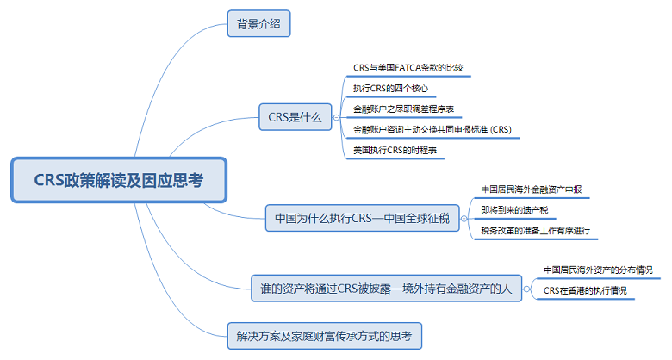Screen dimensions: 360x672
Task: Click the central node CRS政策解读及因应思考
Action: point(119,180)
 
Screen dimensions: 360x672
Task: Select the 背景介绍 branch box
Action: point(258,23)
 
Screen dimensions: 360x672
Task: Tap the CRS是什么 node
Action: point(295,117)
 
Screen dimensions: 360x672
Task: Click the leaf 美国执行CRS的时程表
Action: point(394,151)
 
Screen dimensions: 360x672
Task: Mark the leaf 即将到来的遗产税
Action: point(514,210)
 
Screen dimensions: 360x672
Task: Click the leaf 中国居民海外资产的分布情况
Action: point(598,270)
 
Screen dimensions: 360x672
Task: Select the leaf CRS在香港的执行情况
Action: point(585,291)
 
